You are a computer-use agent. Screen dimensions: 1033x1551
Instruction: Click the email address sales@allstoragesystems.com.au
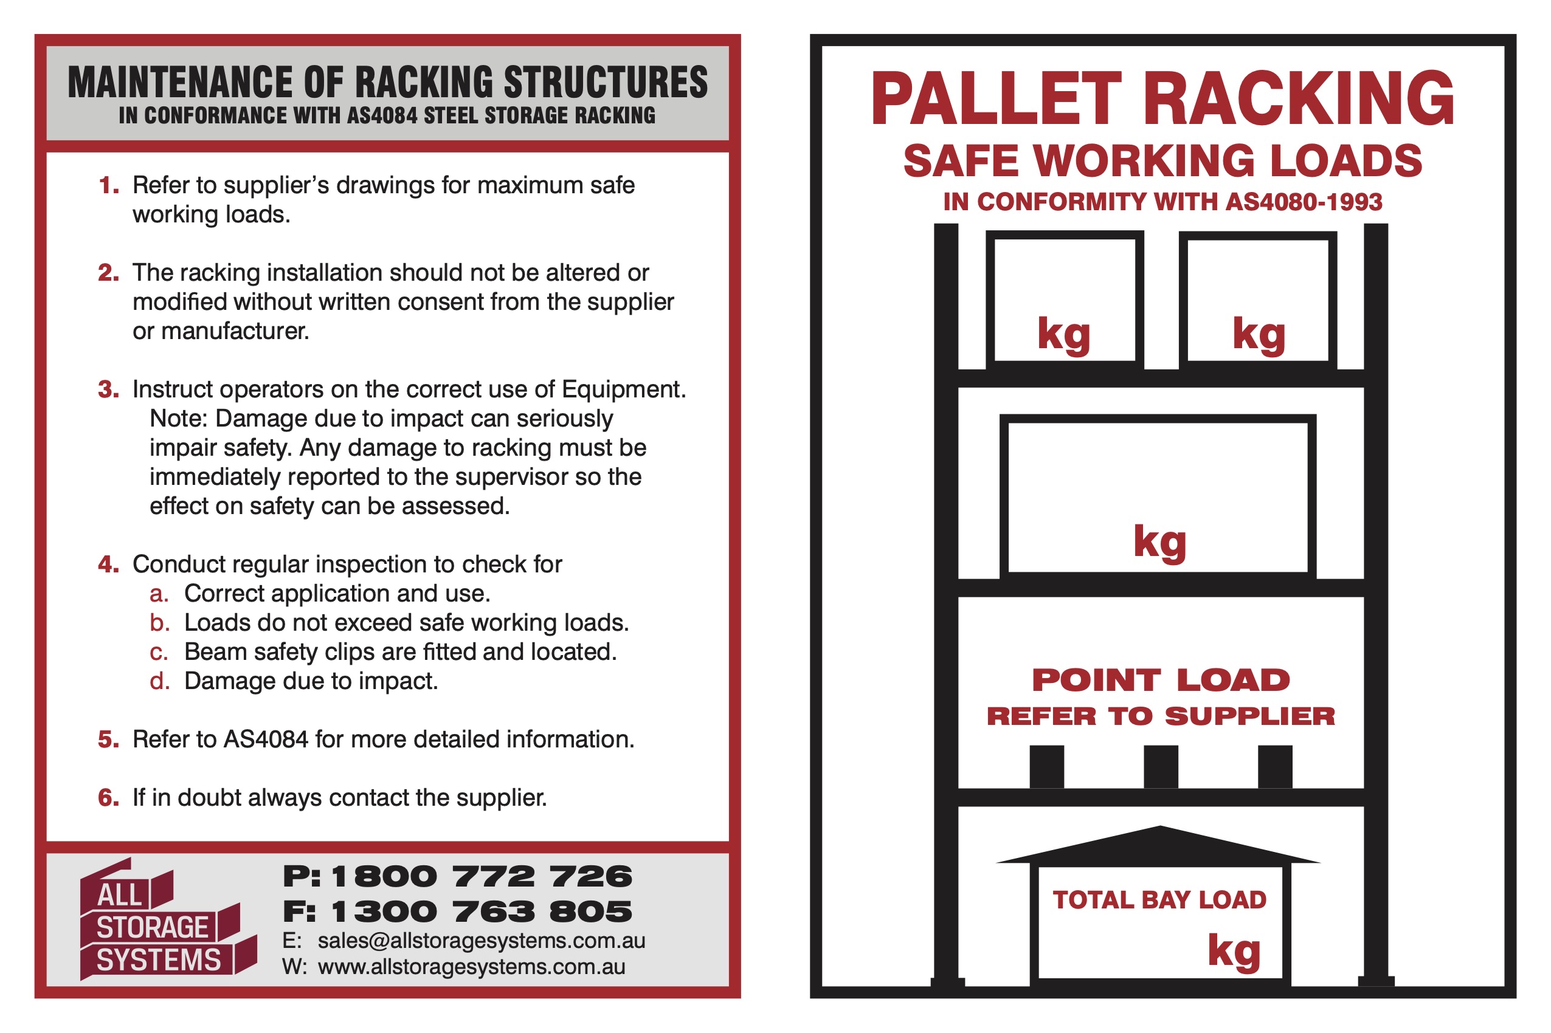tap(480, 941)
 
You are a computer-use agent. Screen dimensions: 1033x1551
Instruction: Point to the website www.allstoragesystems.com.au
tap(471, 968)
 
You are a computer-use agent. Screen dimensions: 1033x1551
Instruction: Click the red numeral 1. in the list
tap(109, 186)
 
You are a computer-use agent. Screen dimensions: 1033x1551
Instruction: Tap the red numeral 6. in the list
tap(109, 798)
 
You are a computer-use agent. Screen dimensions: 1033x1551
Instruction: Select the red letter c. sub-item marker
tap(159, 653)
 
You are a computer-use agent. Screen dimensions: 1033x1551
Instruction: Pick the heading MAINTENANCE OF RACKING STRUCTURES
tap(387, 83)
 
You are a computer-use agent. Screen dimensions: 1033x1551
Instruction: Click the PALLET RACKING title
tap(1161, 99)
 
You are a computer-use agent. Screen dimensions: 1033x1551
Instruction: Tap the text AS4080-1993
tap(1303, 202)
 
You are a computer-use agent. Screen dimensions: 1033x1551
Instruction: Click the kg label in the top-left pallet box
tap(1063, 334)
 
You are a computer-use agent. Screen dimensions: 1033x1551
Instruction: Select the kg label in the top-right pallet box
tap(1259, 334)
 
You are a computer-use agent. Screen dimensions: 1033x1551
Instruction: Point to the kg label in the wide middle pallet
tap(1159, 542)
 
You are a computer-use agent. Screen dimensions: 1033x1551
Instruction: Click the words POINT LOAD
tap(1160, 681)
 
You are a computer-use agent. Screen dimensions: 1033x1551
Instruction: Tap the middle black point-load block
tap(1160, 766)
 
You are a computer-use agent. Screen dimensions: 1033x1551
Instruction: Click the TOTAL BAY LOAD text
tap(1159, 901)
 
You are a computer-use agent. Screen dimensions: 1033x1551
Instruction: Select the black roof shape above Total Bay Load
tap(1159, 846)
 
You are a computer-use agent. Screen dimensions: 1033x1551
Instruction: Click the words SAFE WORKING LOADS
tap(1162, 162)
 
